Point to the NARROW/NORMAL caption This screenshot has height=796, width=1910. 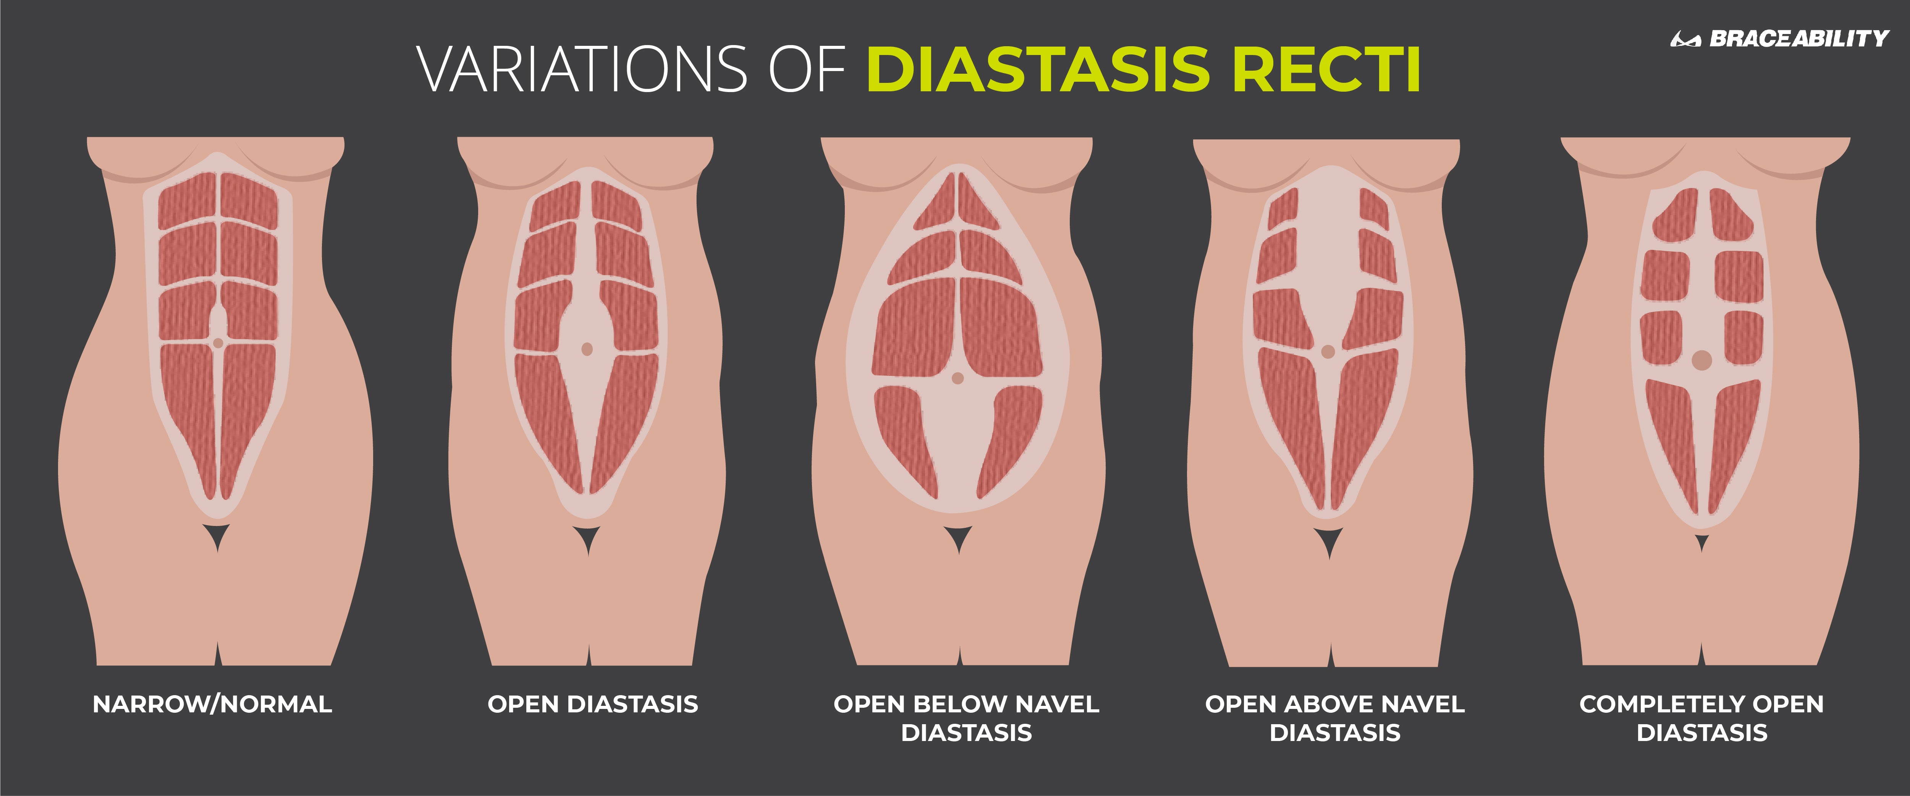(x=212, y=704)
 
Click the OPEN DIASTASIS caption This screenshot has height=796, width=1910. (x=592, y=704)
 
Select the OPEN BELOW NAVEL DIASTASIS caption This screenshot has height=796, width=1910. (x=966, y=718)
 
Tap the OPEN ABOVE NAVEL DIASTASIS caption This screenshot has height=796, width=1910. (x=1334, y=718)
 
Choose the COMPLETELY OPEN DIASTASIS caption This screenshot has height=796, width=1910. (x=1701, y=718)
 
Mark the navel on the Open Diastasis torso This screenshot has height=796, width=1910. (x=587, y=349)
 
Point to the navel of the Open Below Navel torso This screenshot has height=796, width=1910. (x=957, y=379)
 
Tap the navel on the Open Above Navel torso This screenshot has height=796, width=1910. (x=1328, y=352)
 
